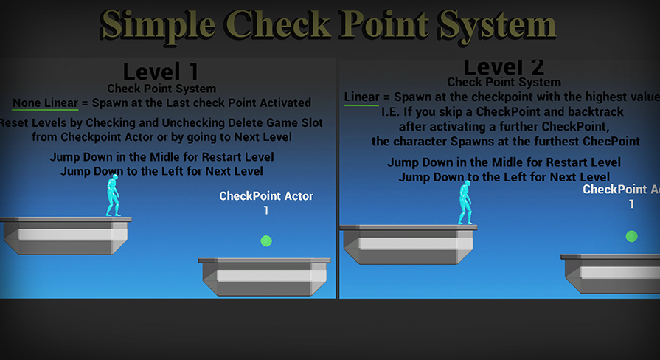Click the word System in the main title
pyautogui.click(x=487, y=26)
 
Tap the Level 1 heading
pyautogui.click(x=161, y=72)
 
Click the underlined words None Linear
pyautogui.click(x=45, y=103)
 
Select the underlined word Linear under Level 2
pyautogui.click(x=361, y=97)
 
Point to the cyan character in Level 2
pyautogui.click(x=465, y=202)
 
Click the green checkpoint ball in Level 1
pyautogui.click(x=266, y=241)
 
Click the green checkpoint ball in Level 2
pyautogui.click(x=631, y=236)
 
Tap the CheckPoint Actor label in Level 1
pyautogui.click(x=266, y=196)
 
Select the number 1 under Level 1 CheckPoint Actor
pyautogui.click(x=266, y=210)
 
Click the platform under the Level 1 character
pyautogui.click(x=66, y=235)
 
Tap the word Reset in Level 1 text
pyautogui.click(x=16, y=122)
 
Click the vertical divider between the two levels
pyautogui.click(x=338, y=177)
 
